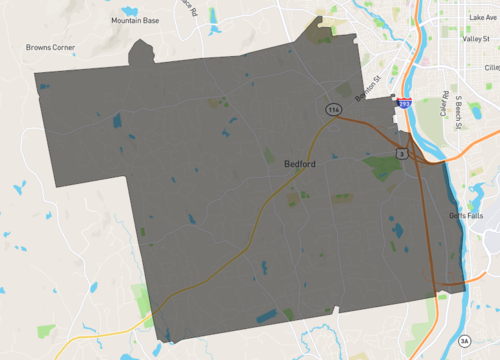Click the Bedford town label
pos(301,164)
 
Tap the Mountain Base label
pos(134,20)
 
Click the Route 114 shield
pos(331,107)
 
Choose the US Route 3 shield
pos(401,153)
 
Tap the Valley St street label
pos(476,38)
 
